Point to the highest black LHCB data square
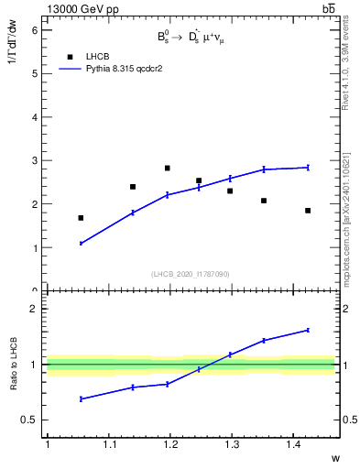coord(167,169)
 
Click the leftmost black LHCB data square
coord(81,218)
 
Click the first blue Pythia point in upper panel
coord(81,244)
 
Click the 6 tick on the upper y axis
coord(36,30)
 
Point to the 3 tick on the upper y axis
coord(36,160)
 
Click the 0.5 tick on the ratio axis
coord(31,420)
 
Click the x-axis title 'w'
coord(334,457)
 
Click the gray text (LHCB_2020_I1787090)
coord(190,274)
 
